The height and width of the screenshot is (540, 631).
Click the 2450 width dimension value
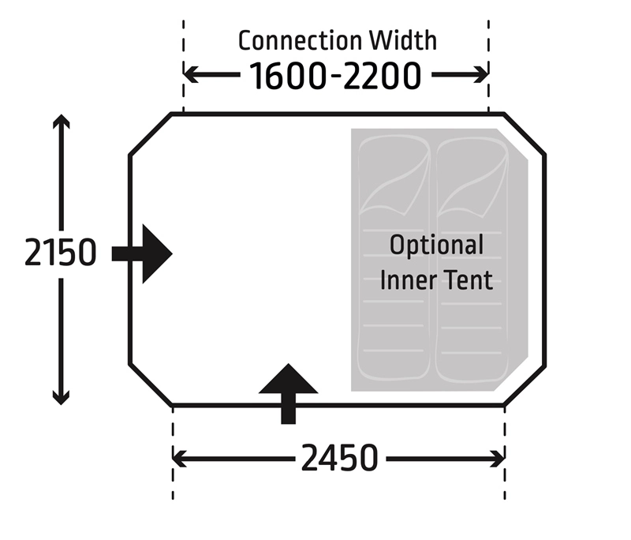click(x=339, y=458)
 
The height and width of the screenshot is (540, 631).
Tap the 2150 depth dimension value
click(x=61, y=253)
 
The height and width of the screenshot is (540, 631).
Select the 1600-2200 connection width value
click(x=335, y=76)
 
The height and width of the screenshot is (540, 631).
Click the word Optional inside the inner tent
click(x=436, y=245)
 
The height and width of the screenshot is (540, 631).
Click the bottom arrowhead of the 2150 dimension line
click(x=62, y=397)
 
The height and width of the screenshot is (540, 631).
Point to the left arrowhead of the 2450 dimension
click(x=179, y=458)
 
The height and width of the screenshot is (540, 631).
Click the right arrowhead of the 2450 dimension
click(x=498, y=458)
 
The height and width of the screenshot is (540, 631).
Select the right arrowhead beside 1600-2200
click(x=481, y=75)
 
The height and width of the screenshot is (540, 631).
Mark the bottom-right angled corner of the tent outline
click(x=525, y=386)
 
